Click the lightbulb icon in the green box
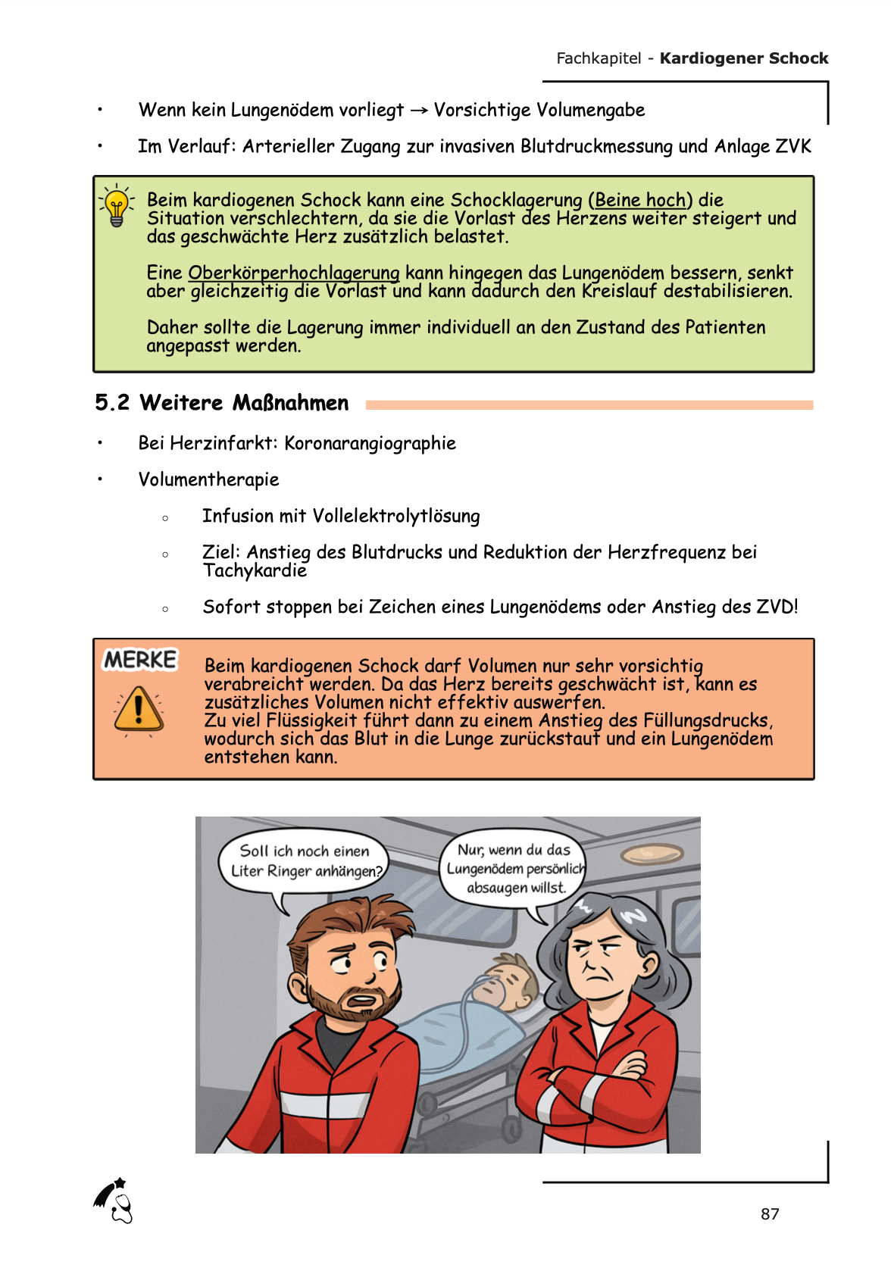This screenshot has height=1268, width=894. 117,205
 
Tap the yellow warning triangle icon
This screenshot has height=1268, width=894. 139,709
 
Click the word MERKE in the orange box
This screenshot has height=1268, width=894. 140,660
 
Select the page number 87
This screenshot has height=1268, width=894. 770,1214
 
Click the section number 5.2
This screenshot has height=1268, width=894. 112,403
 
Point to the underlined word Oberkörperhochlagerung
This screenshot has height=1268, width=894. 293,273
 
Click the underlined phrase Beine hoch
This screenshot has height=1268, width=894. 640,200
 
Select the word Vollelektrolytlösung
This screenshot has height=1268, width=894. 396,517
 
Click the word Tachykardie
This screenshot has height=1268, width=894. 255,570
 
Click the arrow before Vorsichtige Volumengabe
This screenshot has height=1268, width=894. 419,111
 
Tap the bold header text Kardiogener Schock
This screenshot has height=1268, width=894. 743,58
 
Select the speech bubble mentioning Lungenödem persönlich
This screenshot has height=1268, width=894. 514,869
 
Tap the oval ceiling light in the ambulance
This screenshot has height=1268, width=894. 652,854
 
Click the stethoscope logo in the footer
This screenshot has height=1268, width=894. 114,1201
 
